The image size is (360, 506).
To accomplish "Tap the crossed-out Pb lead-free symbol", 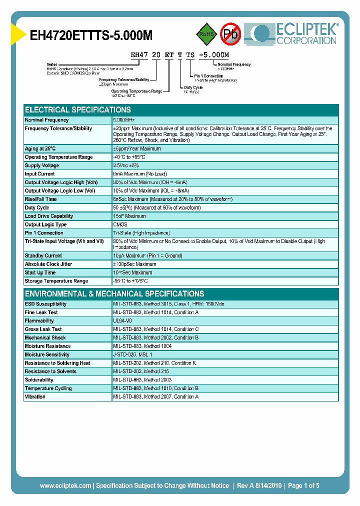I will coord(230,34).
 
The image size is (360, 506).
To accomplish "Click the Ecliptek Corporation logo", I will coord(295,34).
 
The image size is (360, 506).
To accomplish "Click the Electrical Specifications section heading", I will coord(78,109).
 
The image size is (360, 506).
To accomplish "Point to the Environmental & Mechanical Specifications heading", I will coord(114,293).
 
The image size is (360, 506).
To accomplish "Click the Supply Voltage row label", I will coord(42,165).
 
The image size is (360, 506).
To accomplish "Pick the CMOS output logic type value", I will coord(120,224).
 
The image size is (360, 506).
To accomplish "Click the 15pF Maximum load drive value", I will coord(129,216).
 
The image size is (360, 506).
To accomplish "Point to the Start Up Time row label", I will coord(40,272).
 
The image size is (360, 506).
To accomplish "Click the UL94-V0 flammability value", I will coord(122,320).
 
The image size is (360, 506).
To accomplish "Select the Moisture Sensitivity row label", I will coord(47,354).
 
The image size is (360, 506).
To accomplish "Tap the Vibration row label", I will coord(35,396).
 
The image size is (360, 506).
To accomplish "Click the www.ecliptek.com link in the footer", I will coord(65,485).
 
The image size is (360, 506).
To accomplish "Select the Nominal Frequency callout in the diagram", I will coord(234,64).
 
